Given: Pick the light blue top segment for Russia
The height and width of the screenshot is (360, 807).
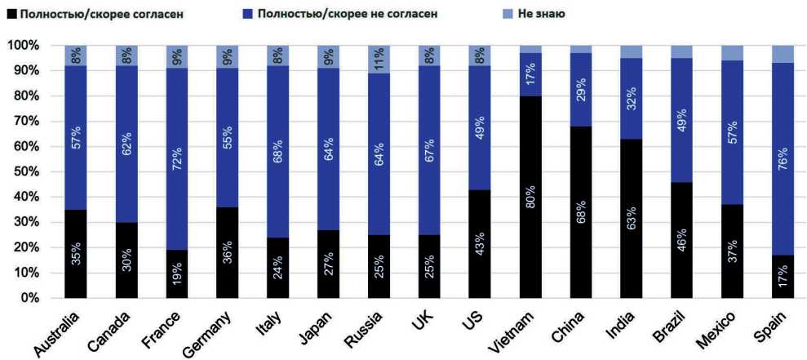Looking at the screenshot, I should (379, 59).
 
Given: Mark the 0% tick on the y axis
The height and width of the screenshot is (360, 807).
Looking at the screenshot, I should (26, 298).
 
